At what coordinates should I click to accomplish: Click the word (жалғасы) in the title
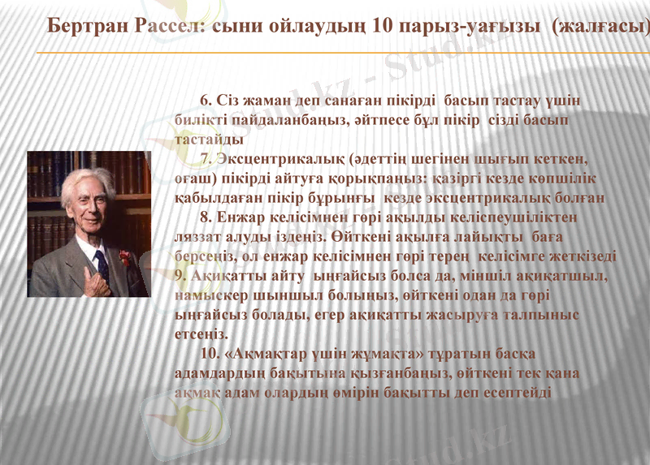[x=600, y=26]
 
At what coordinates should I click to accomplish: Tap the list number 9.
[x=181, y=275]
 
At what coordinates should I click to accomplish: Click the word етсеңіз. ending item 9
[x=202, y=334]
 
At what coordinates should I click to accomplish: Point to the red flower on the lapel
[x=124, y=257]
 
